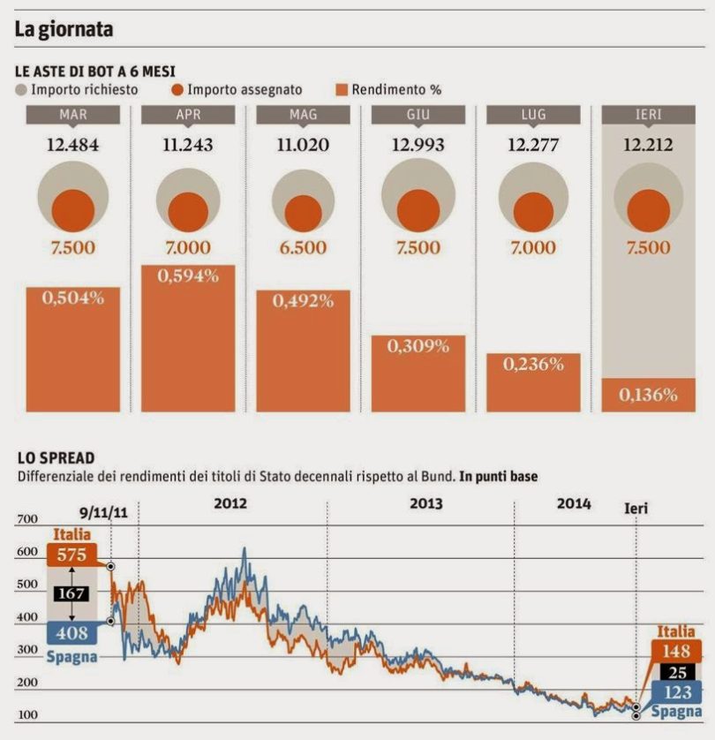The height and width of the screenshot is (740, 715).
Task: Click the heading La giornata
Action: point(64,29)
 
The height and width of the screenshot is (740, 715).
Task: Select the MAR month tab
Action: point(72,115)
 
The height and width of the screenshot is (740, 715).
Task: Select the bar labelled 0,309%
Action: point(418,373)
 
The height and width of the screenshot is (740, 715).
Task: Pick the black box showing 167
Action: point(70,593)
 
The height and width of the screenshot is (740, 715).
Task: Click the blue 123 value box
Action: point(677,693)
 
